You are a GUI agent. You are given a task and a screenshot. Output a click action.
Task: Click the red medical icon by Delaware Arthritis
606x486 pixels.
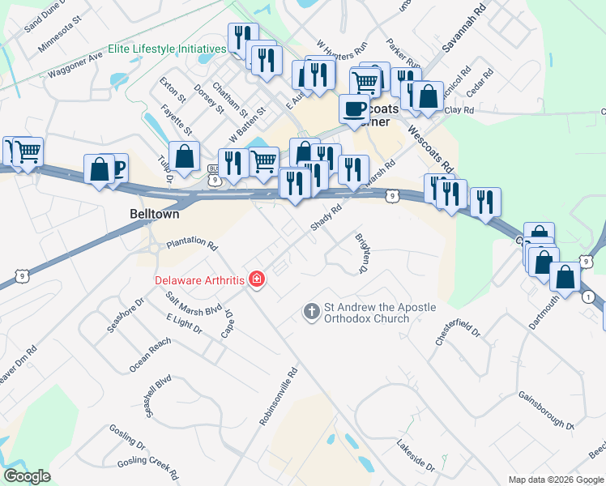[257, 279]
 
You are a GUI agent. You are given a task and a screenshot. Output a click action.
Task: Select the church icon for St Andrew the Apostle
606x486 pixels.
[311, 311]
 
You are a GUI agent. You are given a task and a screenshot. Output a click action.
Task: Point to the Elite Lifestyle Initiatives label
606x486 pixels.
[173, 49]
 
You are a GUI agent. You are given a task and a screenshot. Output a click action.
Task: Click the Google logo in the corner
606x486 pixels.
[27, 476]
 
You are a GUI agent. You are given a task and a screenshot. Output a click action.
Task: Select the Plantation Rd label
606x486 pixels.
[192, 244]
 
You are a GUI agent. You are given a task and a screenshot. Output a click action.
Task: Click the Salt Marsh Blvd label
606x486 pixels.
[194, 303]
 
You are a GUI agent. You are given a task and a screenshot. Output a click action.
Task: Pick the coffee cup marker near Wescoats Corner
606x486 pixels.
[354, 109]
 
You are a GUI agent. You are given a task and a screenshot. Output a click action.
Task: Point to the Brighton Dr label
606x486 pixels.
[361, 253]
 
